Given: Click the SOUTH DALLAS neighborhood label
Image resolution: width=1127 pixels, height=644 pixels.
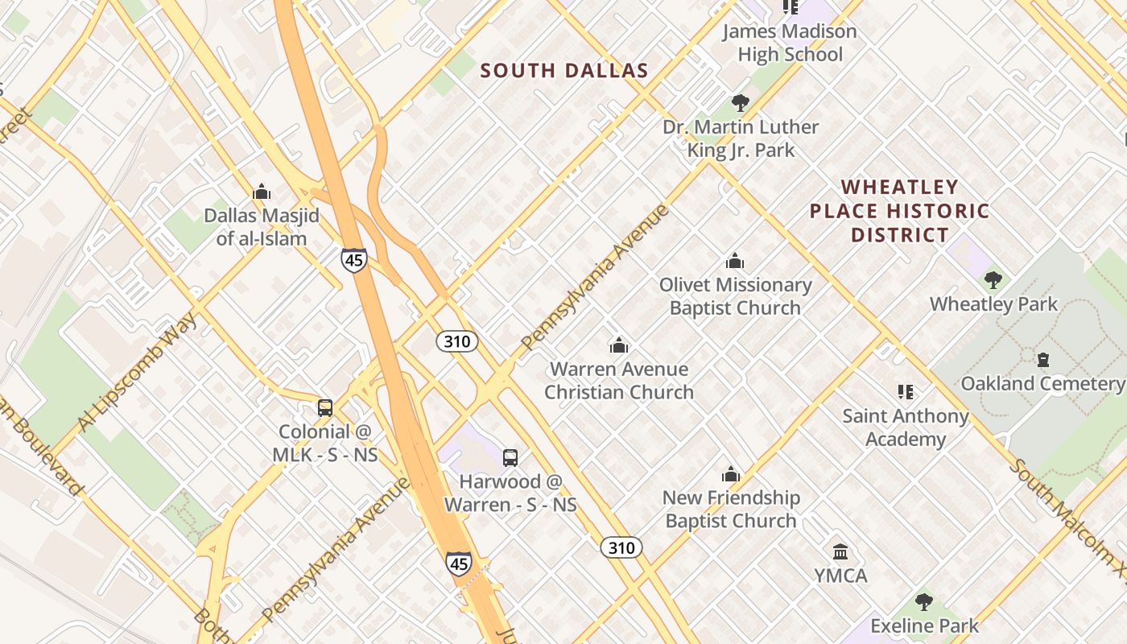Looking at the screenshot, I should (564, 71).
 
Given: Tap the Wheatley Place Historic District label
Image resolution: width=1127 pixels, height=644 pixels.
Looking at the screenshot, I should (899, 211).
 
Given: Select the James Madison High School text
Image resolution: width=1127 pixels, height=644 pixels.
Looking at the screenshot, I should (790, 43).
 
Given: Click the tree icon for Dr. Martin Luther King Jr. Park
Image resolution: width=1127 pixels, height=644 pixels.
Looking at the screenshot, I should (740, 103).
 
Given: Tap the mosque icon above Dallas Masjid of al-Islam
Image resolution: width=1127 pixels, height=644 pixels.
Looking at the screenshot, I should (261, 192).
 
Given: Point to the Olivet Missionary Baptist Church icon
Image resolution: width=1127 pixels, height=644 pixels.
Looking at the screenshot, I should (734, 261).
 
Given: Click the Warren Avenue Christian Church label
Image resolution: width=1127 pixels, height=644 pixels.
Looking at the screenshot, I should (618, 381).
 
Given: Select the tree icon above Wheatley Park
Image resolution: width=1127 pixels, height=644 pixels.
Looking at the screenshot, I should (993, 280).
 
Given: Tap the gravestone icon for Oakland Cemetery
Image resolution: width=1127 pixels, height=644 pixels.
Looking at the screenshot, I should (1042, 360).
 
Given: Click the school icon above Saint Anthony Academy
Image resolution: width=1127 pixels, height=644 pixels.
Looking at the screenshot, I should (905, 392).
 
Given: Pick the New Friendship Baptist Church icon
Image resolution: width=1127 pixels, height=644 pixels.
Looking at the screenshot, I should (730, 474).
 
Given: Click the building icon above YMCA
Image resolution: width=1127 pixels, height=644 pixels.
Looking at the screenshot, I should (840, 552).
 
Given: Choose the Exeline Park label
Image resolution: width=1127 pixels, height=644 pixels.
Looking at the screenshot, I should (924, 626).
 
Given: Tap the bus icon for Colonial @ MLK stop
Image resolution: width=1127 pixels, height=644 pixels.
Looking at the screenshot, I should (324, 408).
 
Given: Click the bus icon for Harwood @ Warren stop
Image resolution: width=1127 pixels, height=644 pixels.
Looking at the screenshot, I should (510, 458).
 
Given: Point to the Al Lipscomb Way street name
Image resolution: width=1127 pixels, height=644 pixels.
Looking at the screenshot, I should (138, 373).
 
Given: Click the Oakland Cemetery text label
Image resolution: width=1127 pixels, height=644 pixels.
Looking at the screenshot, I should (1042, 383).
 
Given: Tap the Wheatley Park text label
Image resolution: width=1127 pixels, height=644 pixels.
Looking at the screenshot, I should (993, 304).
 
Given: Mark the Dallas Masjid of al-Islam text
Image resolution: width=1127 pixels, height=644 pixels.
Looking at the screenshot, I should (261, 227).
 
